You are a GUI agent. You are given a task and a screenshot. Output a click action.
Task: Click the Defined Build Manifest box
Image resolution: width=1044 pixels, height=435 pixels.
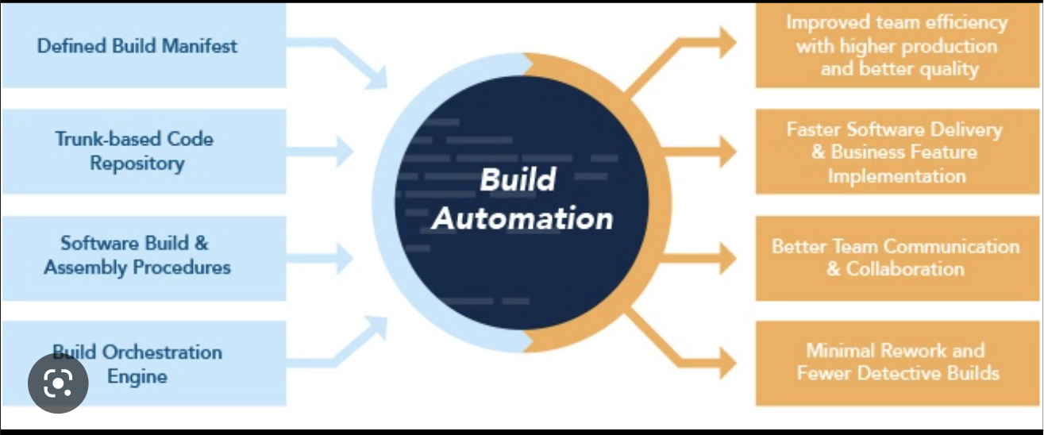pyautogui.click(x=143, y=45)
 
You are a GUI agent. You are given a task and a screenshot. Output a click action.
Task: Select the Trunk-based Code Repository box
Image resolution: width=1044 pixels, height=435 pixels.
pyautogui.click(x=143, y=151)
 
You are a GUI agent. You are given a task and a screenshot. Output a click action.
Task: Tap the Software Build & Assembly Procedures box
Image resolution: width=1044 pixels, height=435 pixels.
pyautogui.click(x=143, y=256)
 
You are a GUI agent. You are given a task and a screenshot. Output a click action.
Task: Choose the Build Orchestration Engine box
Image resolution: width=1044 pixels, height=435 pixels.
pyautogui.click(x=143, y=363)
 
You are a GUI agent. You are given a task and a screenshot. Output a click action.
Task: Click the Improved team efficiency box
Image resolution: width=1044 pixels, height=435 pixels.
pyautogui.click(x=897, y=45)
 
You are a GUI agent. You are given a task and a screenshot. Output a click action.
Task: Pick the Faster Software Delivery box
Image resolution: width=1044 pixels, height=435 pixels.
pyautogui.click(x=897, y=151)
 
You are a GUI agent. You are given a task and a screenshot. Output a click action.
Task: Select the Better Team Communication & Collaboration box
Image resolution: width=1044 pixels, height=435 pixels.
pyautogui.click(x=897, y=257)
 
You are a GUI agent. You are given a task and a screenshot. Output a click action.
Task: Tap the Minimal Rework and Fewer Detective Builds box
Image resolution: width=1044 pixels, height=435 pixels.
pyautogui.click(x=897, y=362)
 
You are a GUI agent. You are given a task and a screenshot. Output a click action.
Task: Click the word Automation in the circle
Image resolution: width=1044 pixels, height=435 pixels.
pyautogui.click(x=522, y=218)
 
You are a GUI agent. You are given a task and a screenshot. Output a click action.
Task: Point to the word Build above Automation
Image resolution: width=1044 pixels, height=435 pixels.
pyautogui.click(x=518, y=180)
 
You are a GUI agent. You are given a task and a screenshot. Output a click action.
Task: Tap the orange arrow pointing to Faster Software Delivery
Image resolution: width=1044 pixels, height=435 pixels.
pyautogui.click(x=699, y=151)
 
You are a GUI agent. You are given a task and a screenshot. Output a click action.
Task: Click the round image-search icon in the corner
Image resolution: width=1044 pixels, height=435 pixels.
pyautogui.click(x=58, y=384)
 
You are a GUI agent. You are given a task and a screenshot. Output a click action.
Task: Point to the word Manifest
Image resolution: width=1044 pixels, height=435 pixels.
pyautogui.click(x=201, y=45)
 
